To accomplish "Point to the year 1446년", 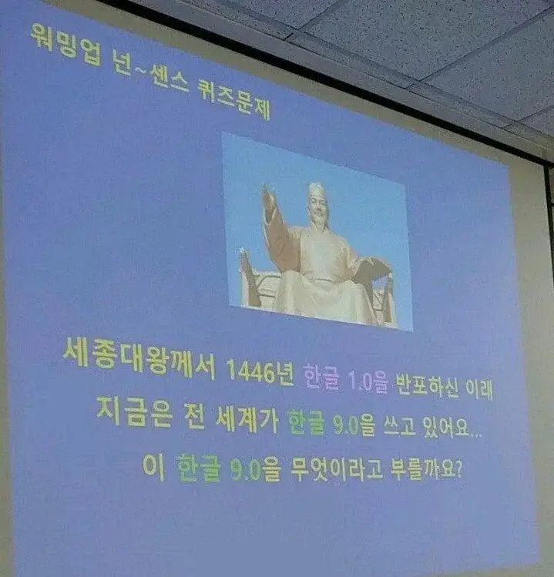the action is tap(260, 371).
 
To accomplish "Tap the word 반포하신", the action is tap(428, 386).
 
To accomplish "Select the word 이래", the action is tap(479, 389).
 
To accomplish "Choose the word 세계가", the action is tap(247, 419).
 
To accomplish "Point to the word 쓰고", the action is tap(399, 427).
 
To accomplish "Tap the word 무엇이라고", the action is tap(336, 469).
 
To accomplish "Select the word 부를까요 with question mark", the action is tap(426, 469).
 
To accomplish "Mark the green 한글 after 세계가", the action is tap(306, 421).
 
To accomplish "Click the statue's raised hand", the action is tap(268, 194).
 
